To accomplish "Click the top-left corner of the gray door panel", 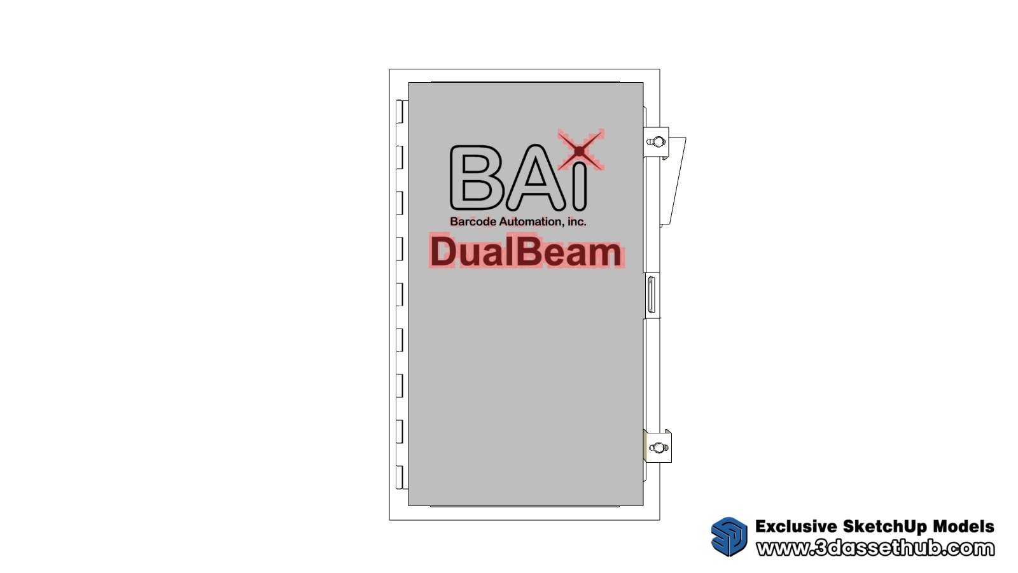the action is pos(408,83).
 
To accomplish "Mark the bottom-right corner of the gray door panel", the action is pos(643,506).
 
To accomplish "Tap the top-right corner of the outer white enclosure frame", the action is pos(660,69).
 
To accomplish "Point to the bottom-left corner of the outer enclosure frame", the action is pos(389,520).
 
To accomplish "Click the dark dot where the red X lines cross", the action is pos(580,150).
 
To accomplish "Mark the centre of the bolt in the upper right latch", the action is pos(657,142).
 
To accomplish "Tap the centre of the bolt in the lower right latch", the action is pos(659,448).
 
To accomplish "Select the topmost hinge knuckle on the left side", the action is pos(400,111).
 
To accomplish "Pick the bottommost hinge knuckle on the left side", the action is pos(400,477).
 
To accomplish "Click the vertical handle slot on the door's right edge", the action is pos(652,295).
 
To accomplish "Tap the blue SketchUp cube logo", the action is pos(729,537).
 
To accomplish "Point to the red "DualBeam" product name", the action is pos(526,251).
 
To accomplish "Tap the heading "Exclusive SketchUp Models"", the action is pos(875,527).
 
